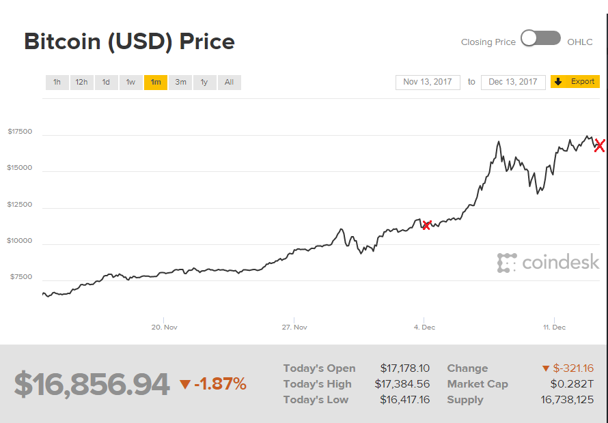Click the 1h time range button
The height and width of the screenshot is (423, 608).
[57, 83]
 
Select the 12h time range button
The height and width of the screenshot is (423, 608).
[81, 83]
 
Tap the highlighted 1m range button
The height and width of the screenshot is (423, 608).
[156, 83]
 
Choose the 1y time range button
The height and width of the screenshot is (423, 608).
[204, 83]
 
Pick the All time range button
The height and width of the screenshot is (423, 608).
[229, 83]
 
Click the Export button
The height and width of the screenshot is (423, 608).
[575, 82]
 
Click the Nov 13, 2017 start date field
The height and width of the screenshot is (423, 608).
[428, 82]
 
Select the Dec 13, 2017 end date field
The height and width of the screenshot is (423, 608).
[513, 82]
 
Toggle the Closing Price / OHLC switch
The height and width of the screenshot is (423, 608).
[540, 39]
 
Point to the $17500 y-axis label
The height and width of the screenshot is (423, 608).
[20, 131]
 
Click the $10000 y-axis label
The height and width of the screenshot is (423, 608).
[20, 240]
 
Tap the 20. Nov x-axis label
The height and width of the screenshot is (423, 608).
[165, 327]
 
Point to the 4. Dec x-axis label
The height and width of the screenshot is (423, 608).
[424, 327]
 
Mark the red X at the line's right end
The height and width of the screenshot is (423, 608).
[599, 145]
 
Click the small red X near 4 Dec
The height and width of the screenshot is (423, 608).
[426, 225]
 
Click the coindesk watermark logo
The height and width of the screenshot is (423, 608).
[548, 263]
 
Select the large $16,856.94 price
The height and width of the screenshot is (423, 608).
[92, 385]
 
